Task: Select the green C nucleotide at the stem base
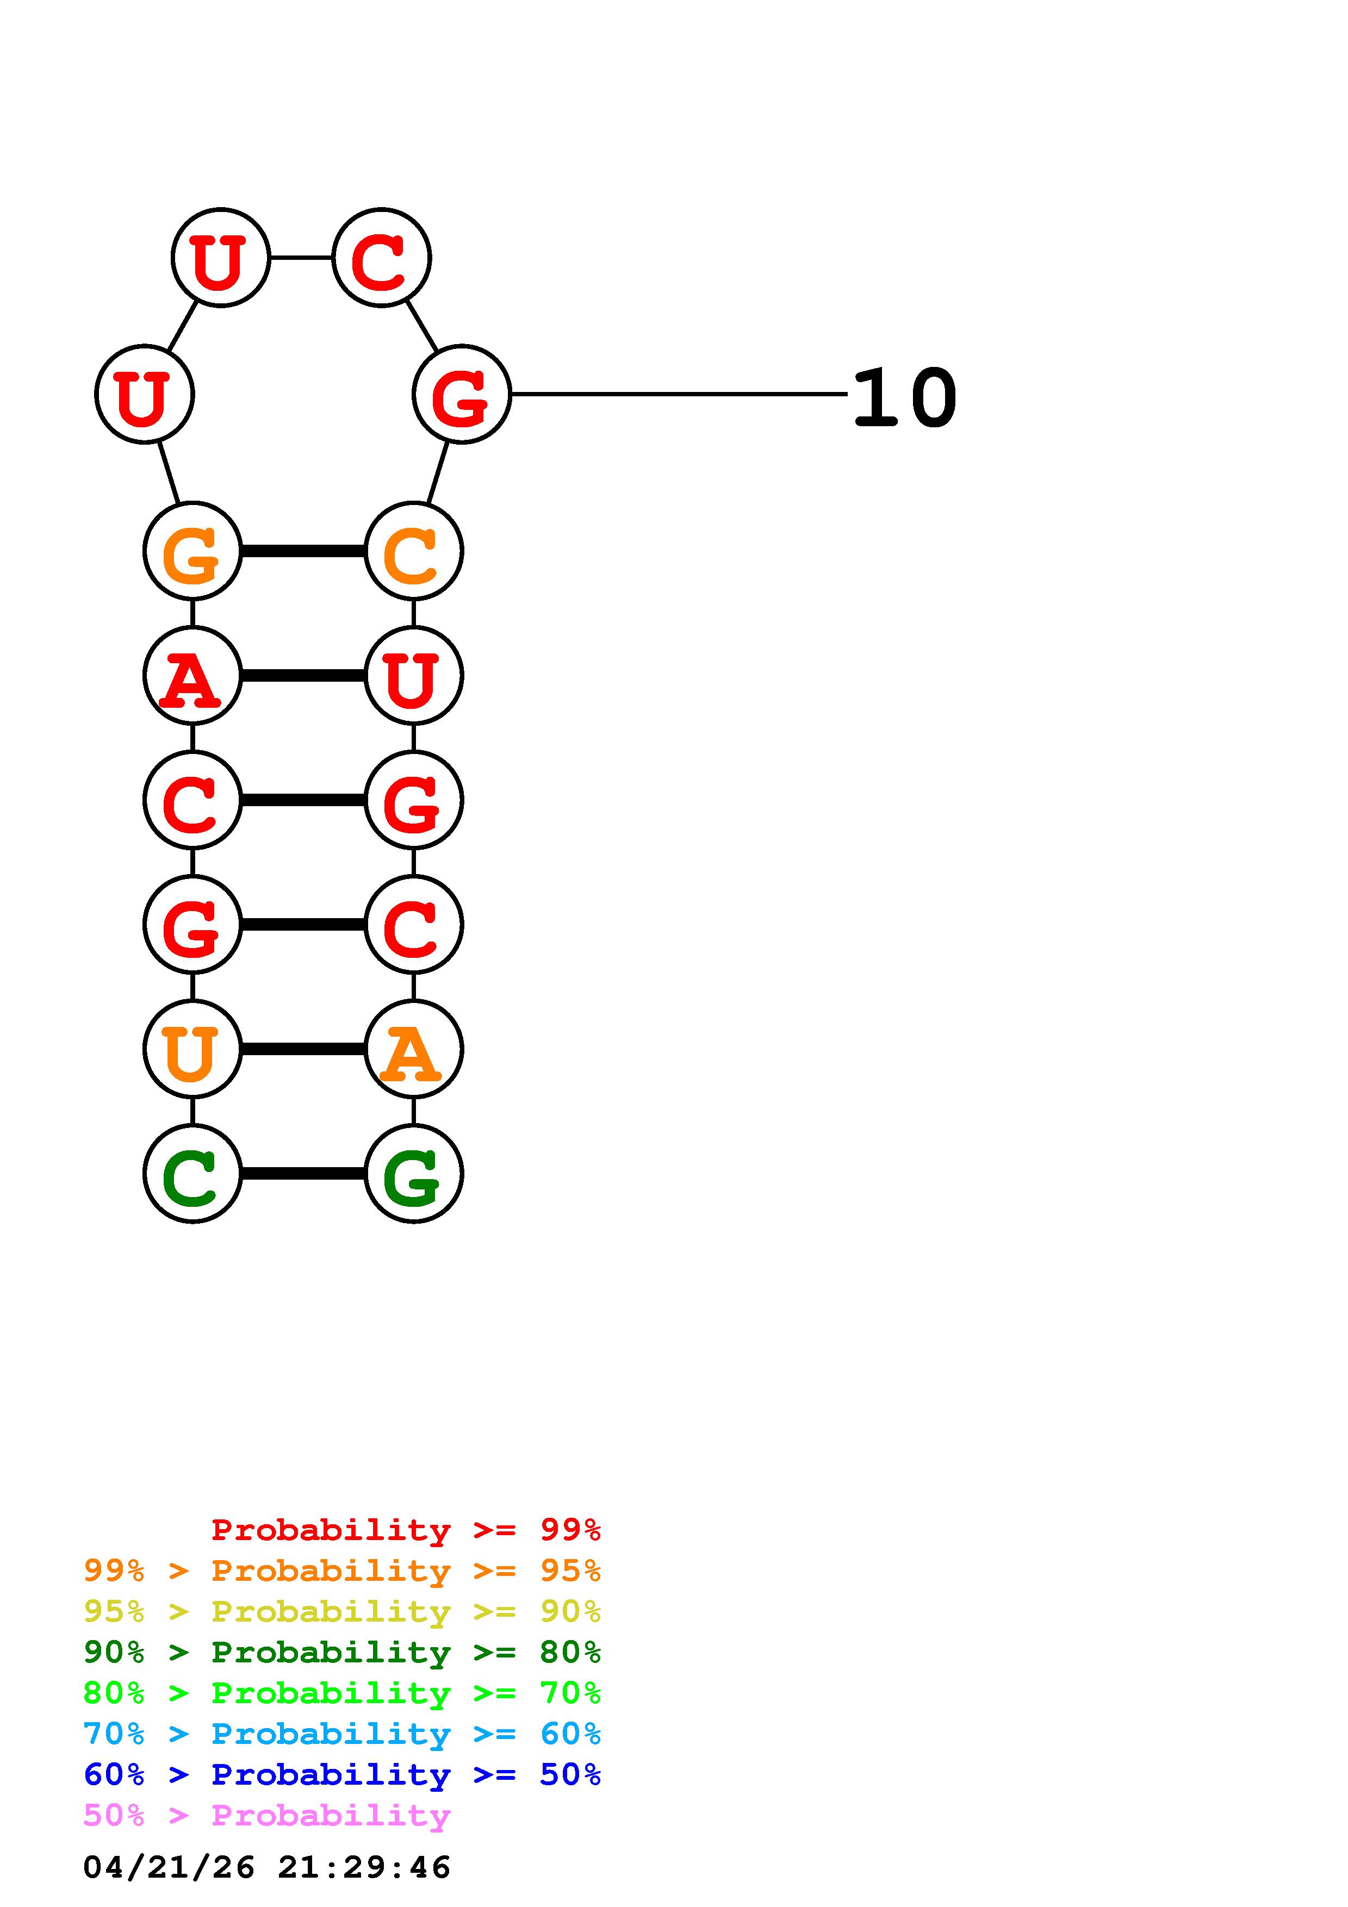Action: tap(192, 1174)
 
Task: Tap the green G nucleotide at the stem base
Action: tap(413, 1174)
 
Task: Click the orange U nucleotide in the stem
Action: tap(192, 1049)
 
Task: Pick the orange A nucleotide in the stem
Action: tap(413, 1049)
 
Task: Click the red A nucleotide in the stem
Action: tap(192, 675)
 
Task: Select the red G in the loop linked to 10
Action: tap(461, 395)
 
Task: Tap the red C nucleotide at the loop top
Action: tap(381, 258)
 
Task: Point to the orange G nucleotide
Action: tap(192, 551)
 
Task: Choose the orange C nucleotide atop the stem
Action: tap(413, 551)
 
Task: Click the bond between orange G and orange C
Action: tap(302, 551)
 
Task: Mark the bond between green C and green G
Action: tap(302, 1174)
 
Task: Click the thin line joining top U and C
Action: tap(301, 258)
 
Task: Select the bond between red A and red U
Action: tap(302, 675)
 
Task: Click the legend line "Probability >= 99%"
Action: tap(405, 1529)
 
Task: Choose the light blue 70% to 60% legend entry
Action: tap(341, 1734)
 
